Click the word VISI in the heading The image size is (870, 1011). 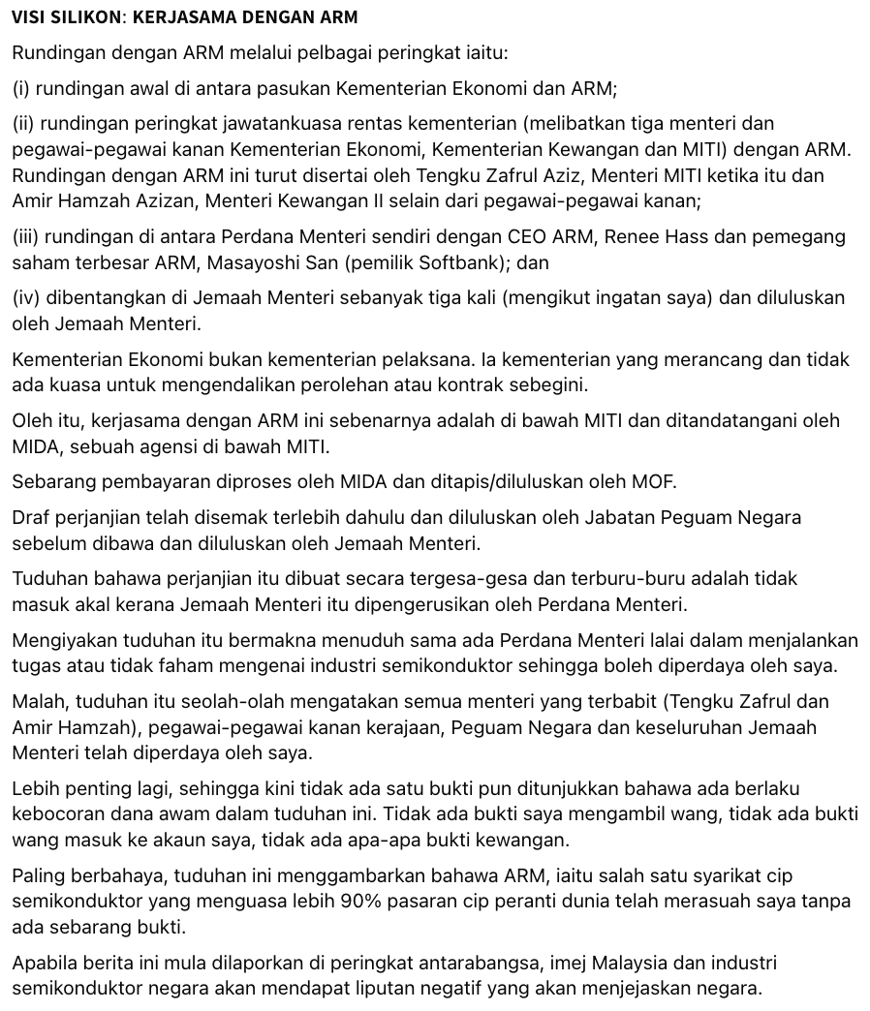[30, 17]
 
